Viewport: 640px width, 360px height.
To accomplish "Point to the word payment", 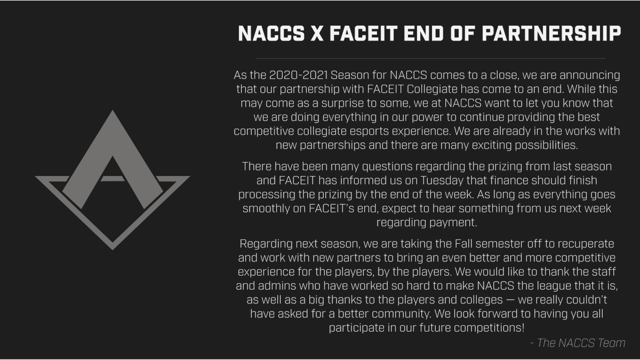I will [451, 222].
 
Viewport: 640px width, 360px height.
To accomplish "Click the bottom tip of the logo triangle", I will [113, 249].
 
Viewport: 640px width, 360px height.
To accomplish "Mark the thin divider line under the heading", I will [430, 58].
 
